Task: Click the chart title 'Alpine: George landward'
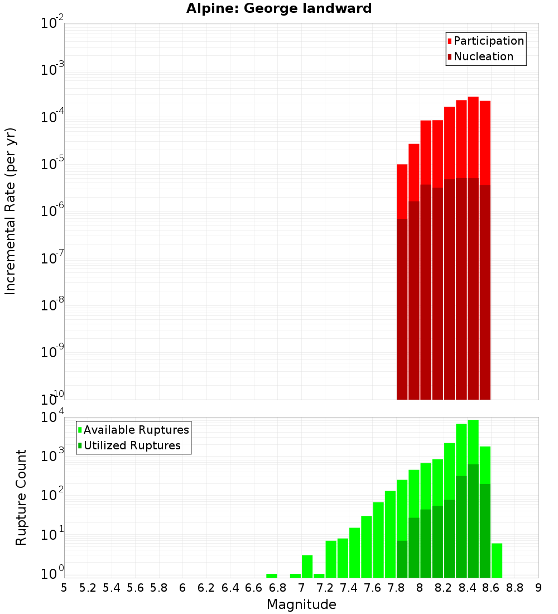279,9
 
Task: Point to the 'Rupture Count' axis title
21,497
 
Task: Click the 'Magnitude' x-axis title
301,605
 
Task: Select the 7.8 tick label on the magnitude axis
396,588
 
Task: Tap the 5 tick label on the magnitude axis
64,588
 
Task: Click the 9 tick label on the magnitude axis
538,588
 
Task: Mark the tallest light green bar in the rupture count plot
473,441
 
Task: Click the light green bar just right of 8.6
497,560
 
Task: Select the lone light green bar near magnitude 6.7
272,575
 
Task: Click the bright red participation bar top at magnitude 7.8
402,190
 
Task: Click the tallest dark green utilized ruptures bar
473,519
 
